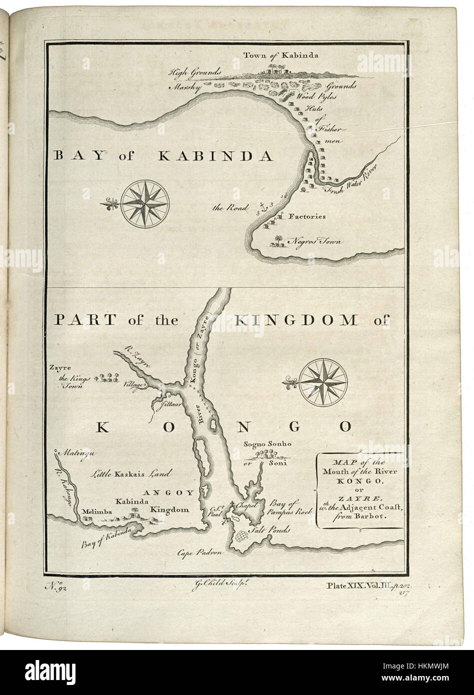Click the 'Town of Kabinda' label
tap(281, 55)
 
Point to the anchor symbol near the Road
tap(264, 206)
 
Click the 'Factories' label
tap(307, 217)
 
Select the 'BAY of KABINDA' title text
tap(163, 156)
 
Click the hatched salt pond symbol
tap(243, 536)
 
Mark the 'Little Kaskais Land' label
tap(130, 473)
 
